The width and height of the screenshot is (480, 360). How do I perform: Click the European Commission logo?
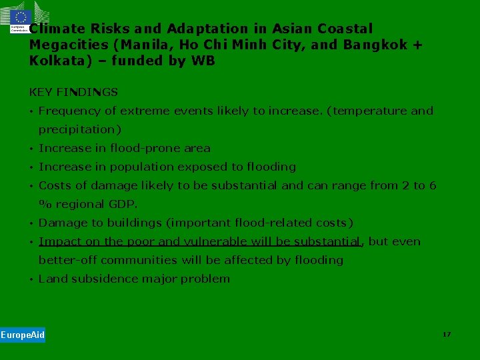coord(20,21)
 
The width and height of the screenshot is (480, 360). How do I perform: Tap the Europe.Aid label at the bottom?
coord(23,335)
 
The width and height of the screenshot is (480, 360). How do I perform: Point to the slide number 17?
coord(447,334)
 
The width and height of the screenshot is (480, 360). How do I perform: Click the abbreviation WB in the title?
coord(204,61)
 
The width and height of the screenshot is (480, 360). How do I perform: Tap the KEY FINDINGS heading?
coord(73,92)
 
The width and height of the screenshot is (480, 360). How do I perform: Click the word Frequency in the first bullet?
coord(70,111)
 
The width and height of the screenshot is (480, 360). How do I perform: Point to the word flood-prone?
coord(141,148)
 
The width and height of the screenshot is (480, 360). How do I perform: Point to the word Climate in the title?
coord(57,29)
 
